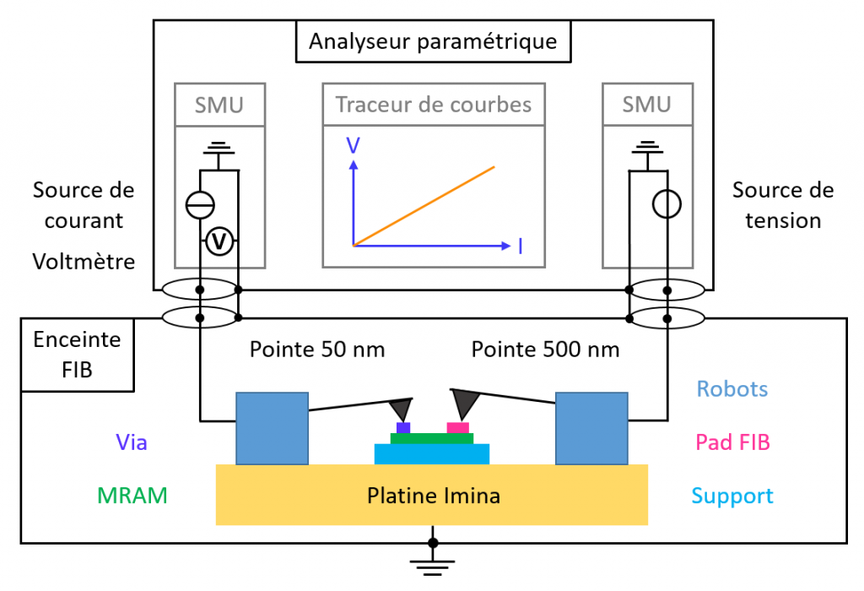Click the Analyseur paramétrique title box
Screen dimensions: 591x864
pos(432,41)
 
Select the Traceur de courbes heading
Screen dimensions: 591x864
pos(434,105)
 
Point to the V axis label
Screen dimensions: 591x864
pos(353,145)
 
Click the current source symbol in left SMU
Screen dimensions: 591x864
pos(200,204)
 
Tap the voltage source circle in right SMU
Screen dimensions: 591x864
pos(667,204)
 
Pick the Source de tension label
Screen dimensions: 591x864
pos(783,205)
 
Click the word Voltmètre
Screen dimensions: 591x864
pos(84,262)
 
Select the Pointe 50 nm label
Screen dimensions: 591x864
pos(317,349)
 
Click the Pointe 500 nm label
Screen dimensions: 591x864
pos(545,349)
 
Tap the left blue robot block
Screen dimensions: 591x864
pos(271,428)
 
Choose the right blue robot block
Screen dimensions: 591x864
pos(591,428)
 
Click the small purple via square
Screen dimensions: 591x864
pos(403,428)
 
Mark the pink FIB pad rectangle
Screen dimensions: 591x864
pos(457,428)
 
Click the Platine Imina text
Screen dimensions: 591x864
pos(433,496)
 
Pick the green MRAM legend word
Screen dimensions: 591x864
pos(132,496)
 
